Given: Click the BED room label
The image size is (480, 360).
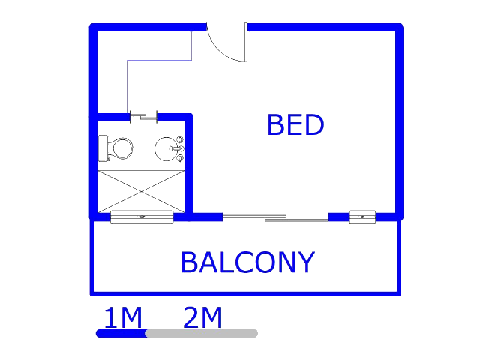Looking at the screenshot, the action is [295, 124].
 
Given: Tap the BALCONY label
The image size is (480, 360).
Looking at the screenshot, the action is [247, 262].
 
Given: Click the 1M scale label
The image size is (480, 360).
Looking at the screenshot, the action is [123, 318].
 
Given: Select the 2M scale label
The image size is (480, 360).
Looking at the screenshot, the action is [202, 318].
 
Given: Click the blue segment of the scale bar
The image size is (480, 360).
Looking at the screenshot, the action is [121, 333].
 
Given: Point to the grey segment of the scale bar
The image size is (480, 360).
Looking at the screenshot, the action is [202, 333].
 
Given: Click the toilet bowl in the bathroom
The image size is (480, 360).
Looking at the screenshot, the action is [121, 148].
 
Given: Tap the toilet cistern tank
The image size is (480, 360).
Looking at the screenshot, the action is [103, 148].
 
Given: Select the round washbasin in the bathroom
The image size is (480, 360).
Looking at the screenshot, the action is [166, 149].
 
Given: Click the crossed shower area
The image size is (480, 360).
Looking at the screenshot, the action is [141, 191].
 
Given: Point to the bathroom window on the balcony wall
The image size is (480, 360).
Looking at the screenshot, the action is [142, 217].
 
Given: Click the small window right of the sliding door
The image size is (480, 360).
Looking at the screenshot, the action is [362, 217].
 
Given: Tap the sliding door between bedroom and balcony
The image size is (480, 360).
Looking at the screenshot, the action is [275, 218].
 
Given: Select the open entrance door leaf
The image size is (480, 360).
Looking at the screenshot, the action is [246, 42].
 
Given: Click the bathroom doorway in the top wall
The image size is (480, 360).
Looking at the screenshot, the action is [143, 117].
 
